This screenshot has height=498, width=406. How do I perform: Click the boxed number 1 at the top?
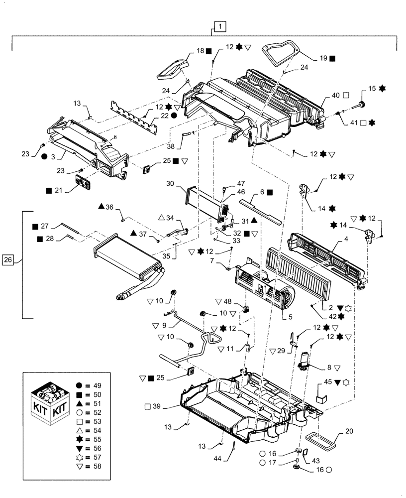click(220, 25)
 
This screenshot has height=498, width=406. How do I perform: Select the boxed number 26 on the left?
click(7, 259)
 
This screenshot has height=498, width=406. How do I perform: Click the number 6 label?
click(261, 192)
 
